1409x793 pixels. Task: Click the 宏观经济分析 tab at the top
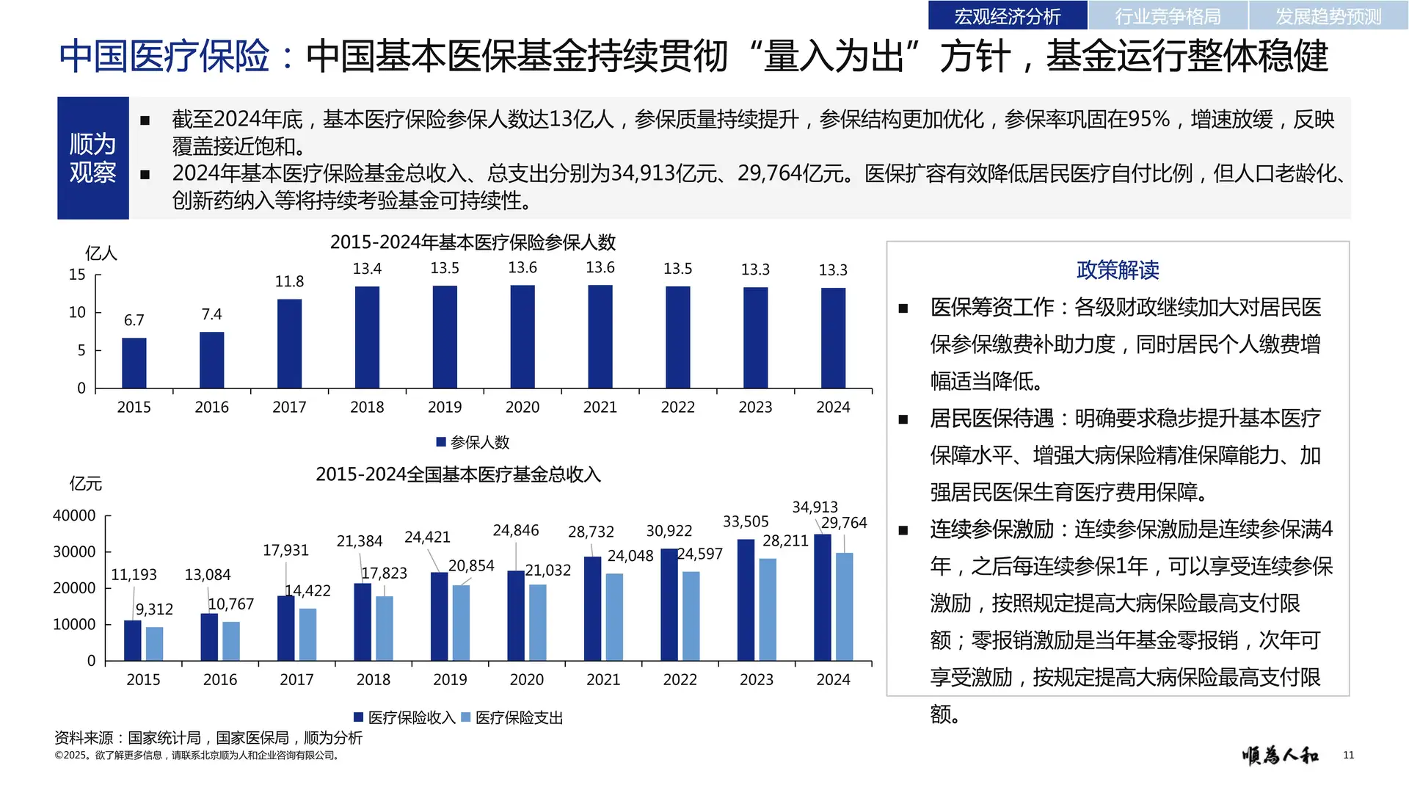pyautogui.click(x=1007, y=15)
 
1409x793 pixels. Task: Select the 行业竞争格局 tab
pyautogui.click(x=1168, y=15)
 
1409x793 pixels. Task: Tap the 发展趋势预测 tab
pyautogui.click(x=1328, y=15)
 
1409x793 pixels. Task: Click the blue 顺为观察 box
pyautogui.click(x=93, y=158)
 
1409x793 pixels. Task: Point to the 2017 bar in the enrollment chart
pyautogui.click(x=289, y=343)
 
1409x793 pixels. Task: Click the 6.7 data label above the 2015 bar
pyautogui.click(x=134, y=320)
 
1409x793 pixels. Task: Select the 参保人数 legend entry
pyautogui.click(x=473, y=442)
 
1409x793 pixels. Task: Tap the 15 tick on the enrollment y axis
pyautogui.click(x=77, y=275)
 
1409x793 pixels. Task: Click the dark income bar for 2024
pyautogui.click(x=823, y=597)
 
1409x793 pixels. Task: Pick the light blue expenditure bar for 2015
pyautogui.click(x=154, y=643)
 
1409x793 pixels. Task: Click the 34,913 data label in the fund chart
pyautogui.click(x=815, y=507)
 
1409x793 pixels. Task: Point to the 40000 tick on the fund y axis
pyautogui.click(x=74, y=515)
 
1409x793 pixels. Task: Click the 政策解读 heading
pyautogui.click(x=1118, y=270)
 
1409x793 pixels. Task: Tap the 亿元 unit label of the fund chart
pyautogui.click(x=86, y=484)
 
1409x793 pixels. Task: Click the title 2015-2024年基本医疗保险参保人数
pyautogui.click(x=473, y=242)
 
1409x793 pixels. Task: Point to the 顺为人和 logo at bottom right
pyautogui.click(x=1281, y=755)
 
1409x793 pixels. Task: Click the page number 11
pyautogui.click(x=1348, y=755)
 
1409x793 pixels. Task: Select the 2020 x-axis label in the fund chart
pyautogui.click(x=527, y=680)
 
